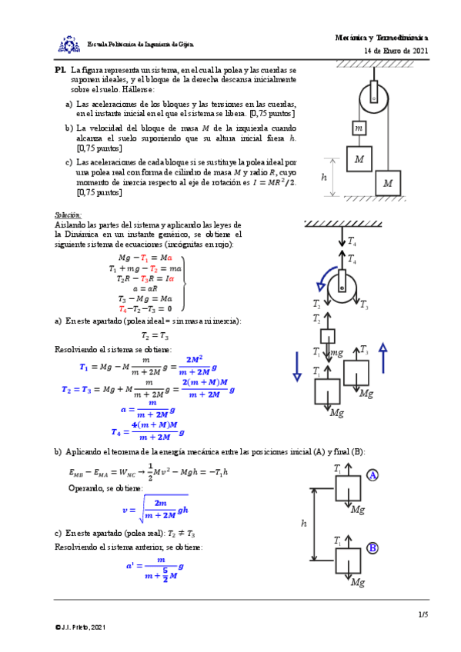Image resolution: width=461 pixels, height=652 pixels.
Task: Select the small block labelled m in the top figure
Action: pyautogui.click(x=359, y=127)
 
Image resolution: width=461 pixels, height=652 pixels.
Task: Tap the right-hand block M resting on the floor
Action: pyautogui.click(x=388, y=183)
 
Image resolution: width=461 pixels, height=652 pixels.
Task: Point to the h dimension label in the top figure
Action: pyautogui.click(x=324, y=176)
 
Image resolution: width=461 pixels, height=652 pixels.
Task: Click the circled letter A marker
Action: pyautogui.click(x=373, y=475)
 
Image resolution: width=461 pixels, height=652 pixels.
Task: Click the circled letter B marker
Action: pyautogui.click(x=372, y=548)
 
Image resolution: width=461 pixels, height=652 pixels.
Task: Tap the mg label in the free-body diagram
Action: pyautogui.click(x=336, y=352)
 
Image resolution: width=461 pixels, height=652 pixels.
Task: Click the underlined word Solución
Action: pyautogui.click(x=67, y=215)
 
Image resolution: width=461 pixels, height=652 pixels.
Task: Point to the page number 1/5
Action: pyautogui.click(x=423, y=614)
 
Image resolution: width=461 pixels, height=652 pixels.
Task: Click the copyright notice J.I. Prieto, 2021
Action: pyautogui.click(x=80, y=628)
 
